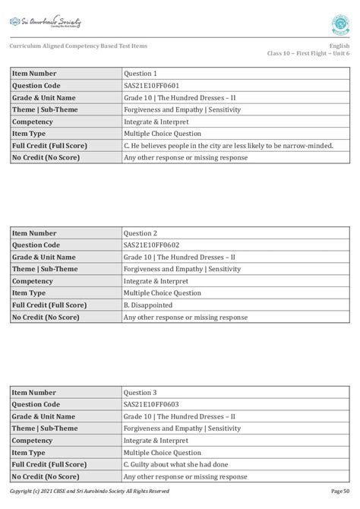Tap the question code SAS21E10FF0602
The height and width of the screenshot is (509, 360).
[x=152, y=245]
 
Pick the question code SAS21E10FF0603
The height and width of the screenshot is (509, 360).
[x=152, y=405]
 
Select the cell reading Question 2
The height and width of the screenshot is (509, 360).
[x=141, y=233]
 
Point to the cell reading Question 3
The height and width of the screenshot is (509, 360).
[x=141, y=393]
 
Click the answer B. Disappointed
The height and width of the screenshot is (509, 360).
[x=150, y=305]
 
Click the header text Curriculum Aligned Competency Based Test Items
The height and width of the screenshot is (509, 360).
[x=78, y=46]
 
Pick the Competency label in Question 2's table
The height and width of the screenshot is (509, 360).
[x=33, y=281]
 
